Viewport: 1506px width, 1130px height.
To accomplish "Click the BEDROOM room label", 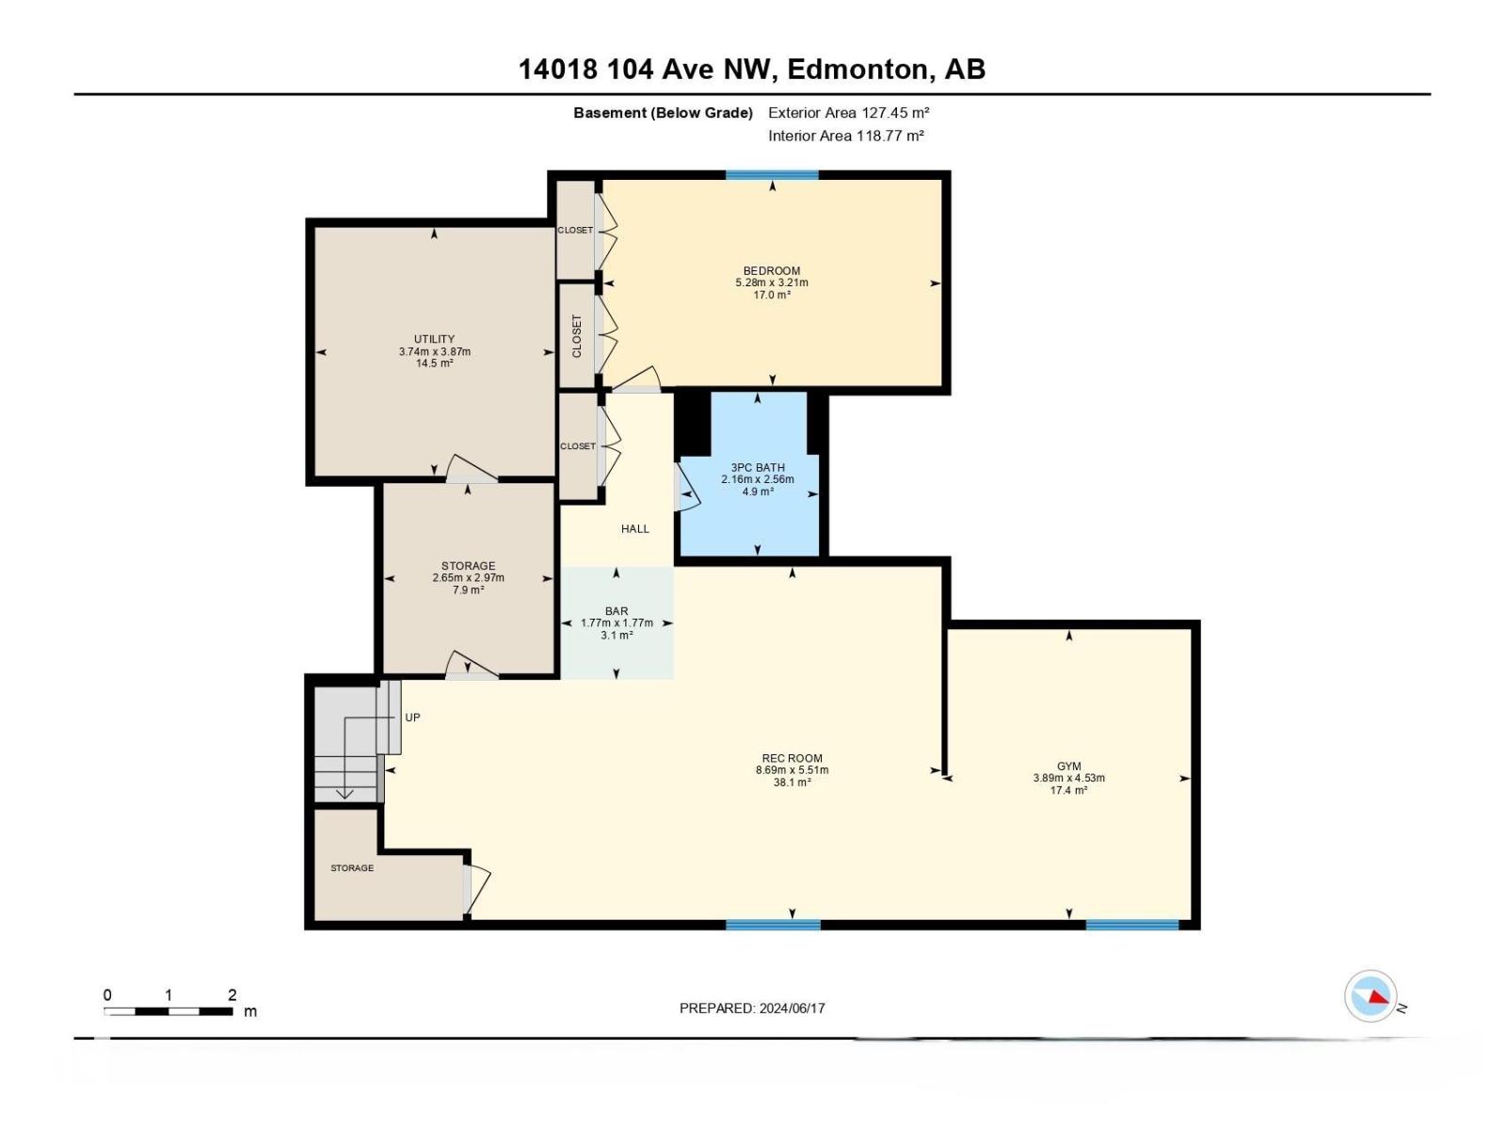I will point(771,270).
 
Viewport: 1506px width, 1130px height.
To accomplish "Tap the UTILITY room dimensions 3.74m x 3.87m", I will point(434,351).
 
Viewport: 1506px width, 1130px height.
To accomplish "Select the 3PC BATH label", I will point(757,467).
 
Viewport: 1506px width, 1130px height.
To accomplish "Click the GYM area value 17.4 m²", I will point(1068,790).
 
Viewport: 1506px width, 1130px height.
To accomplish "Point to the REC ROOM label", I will point(792,758).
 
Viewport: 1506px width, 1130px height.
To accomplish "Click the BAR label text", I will point(617,611).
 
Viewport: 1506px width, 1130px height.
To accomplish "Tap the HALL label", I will point(634,528).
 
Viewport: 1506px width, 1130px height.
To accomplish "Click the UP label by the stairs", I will point(412,718).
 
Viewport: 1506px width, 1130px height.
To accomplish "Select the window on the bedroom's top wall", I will point(772,175).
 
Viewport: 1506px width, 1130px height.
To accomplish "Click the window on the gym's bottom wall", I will point(1131,925).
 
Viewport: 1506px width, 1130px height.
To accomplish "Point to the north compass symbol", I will point(1370,996).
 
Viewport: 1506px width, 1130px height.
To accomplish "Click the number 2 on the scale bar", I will point(232,995).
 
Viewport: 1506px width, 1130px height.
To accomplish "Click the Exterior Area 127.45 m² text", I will point(848,112).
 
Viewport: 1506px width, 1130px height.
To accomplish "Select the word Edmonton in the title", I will point(857,69).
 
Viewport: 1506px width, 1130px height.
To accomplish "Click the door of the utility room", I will point(471,469).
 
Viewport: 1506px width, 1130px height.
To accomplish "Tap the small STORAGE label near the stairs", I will point(352,867).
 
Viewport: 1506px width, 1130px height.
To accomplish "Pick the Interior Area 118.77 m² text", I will point(845,136).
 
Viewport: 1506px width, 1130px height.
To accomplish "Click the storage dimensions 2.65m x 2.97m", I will point(468,577).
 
